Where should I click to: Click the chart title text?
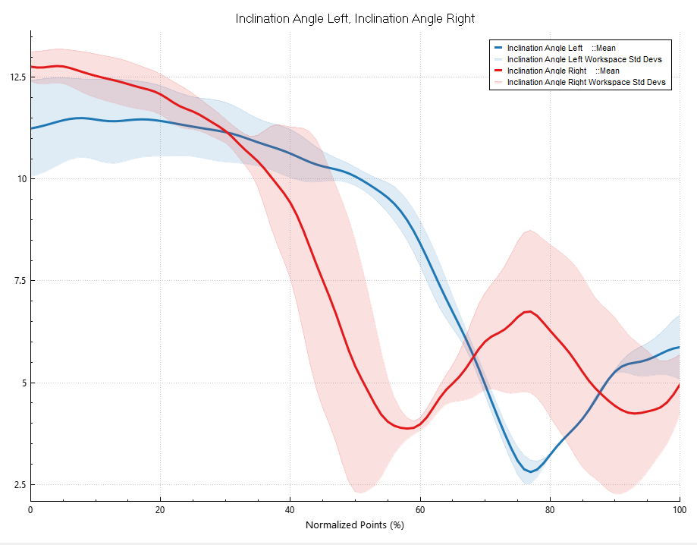[355, 19]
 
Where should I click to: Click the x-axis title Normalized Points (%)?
[355, 525]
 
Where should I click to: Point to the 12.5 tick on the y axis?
[18, 77]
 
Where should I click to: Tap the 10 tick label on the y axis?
[22, 179]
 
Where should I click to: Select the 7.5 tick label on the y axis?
[20, 281]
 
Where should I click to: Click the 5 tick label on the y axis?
[24, 383]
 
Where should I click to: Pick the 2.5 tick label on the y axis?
[20, 484]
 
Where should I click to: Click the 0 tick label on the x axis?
[30, 510]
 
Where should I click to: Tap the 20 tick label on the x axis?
[160, 510]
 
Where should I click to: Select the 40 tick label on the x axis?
[290, 510]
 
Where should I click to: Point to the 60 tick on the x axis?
[420, 510]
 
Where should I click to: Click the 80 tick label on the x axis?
[550, 510]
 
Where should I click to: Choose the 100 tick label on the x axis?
[680, 510]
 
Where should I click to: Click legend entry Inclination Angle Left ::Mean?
[555, 48]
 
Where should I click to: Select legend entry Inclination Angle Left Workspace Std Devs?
[578, 60]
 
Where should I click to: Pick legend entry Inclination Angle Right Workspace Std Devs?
[580, 82]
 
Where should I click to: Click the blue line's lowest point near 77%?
[530, 471]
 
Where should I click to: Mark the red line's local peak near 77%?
[529, 311]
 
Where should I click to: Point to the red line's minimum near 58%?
[408, 428]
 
